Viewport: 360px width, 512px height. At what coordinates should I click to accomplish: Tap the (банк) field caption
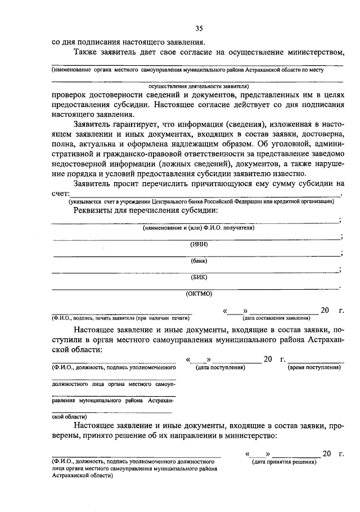199,261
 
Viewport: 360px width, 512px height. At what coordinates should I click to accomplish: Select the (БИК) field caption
199,276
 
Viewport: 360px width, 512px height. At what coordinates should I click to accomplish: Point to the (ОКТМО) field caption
199,293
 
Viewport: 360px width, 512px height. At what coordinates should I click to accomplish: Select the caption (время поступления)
314,367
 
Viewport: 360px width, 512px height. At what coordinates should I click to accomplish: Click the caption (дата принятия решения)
285,462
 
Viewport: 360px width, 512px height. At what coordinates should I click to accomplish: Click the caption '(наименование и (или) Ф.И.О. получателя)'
199,228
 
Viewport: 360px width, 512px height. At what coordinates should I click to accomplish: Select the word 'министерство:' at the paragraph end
248,435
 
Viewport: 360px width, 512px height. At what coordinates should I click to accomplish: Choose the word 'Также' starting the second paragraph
85,52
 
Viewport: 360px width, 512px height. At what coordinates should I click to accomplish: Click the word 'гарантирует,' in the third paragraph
141,124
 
